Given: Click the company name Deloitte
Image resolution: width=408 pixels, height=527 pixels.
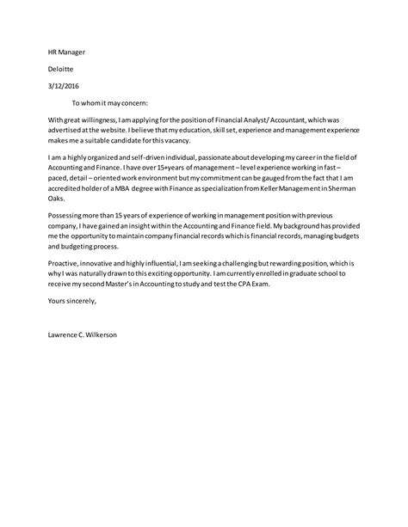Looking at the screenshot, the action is pyautogui.click(x=60, y=67).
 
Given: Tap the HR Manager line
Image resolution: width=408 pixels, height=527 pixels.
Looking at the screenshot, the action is pyautogui.click(x=66, y=51).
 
